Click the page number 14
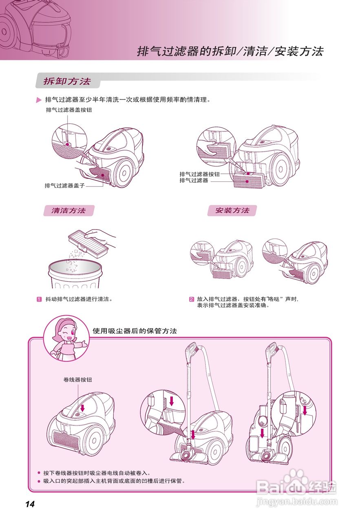click(x=30, y=504)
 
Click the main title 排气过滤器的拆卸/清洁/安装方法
click(x=230, y=51)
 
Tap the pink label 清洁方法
click(x=68, y=210)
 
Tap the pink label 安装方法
click(x=232, y=210)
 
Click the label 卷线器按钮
click(x=78, y=379)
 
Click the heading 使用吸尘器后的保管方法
click(x=135, y=331)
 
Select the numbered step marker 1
click(x=40, y=299)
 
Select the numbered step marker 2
click(x=191, y=299)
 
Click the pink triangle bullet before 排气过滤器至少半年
click(x=39, y=100)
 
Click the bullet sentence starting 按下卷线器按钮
click(x=97, y=473)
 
